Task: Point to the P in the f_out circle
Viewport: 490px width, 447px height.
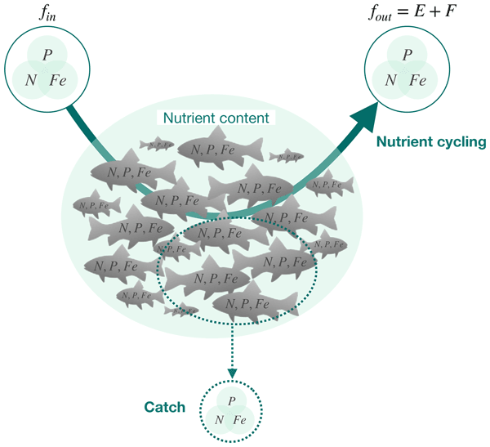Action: pos(407,55)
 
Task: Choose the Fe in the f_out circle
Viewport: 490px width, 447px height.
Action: pos(417,80)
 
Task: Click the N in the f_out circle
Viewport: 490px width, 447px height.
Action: pos(390,80)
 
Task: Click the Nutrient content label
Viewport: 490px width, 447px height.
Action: pos(216,118)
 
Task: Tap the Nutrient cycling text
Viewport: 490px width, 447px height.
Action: pos(430,142)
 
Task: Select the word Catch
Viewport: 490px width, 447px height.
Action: pos(165,407)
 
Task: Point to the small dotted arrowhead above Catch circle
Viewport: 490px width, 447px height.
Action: pos(233,373)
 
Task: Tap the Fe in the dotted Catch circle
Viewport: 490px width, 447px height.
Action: pos(240,419)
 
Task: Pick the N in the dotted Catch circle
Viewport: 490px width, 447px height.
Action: pos(220,419)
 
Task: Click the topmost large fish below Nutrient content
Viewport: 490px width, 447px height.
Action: pos(219,148)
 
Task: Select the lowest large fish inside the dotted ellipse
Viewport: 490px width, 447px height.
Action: pos(248,303)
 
